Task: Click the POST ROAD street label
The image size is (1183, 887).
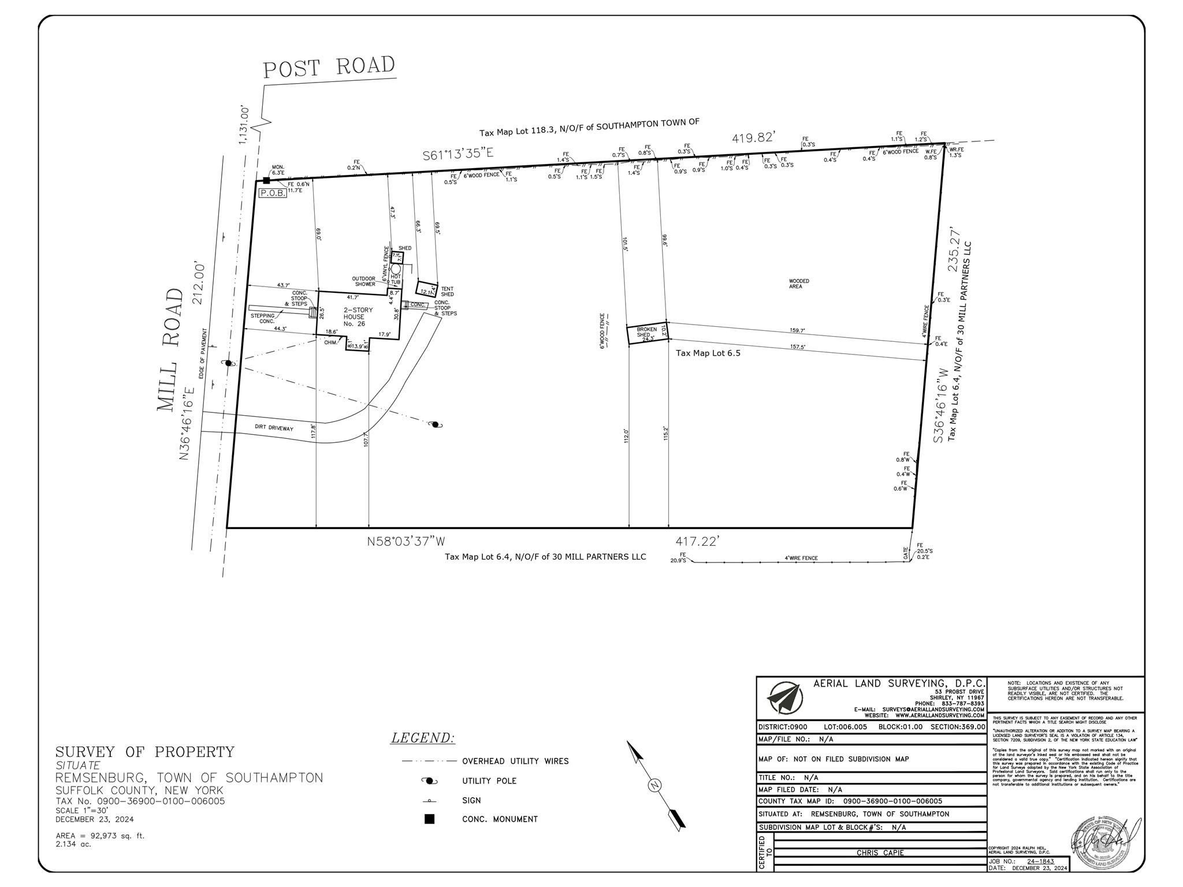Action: coord(329,67)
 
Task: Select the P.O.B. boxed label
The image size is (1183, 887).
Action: coord(273,193)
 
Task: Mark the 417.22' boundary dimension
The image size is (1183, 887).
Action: coord(697,542)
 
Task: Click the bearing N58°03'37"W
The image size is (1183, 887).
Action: coord(407,542)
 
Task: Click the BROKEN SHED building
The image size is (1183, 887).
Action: coord(648,334)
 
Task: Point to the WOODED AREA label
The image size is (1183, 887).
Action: coord(799,284)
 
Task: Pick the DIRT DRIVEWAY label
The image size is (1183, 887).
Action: coord(274,428)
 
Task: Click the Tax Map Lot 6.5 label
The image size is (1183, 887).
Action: coord(708,353)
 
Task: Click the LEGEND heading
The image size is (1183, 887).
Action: coord(423,738)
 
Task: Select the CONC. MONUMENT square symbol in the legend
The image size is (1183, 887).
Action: coord(429,819)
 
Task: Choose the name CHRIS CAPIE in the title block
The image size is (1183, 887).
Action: coord(880,853)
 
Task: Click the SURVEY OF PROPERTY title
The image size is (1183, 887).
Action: coord(145,752)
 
